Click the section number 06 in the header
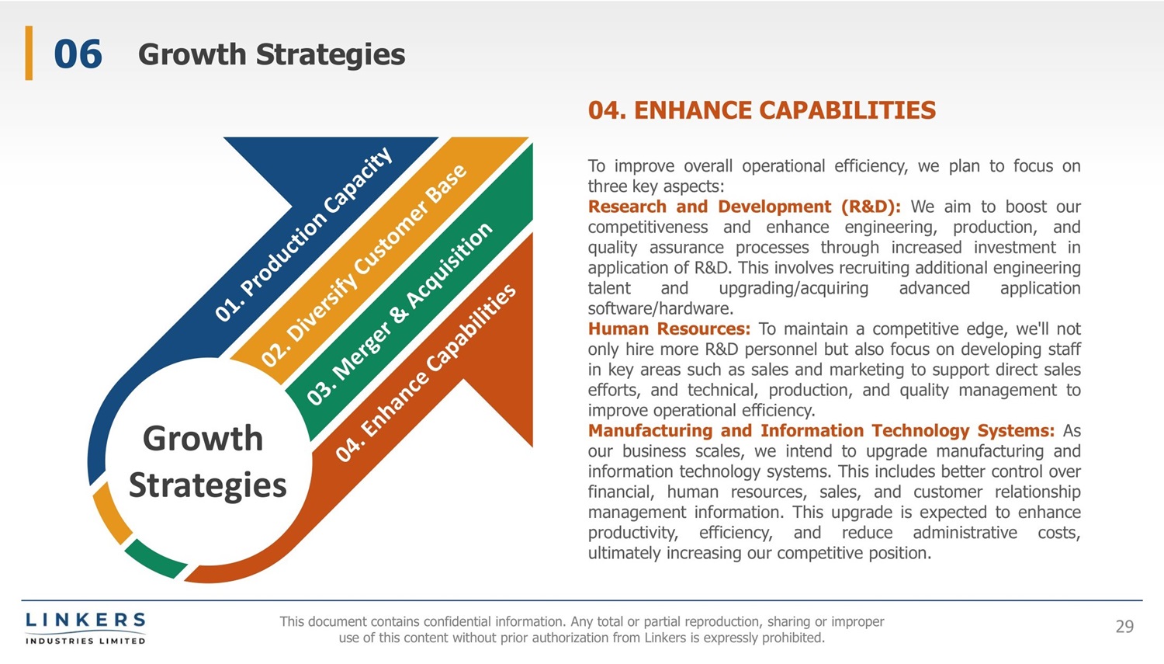tap(78, 54)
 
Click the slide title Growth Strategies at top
tap(272, 54)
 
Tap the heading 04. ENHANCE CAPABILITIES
tap(762, 110)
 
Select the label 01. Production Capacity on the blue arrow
tap(304, 234)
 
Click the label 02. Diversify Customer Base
tap(364, 266)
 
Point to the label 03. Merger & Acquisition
tap(399, 314)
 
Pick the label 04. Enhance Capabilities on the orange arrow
tap(426, 373)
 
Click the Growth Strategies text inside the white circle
tap(206, 461)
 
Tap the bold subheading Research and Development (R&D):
tap(744, 207)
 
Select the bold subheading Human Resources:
tap(669, 329)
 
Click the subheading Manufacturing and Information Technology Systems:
tap(822, 430)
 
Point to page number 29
tap(1124, 627)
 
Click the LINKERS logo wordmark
tap(85, 620)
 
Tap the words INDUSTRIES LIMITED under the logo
tap(85, 641)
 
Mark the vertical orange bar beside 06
tap(29, 53)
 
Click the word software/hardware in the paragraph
tap(660, 308)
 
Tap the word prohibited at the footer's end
tap(794, 638)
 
